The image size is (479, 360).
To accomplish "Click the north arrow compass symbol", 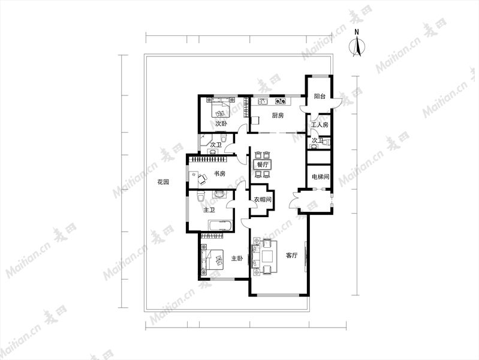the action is click(x=357, y=46).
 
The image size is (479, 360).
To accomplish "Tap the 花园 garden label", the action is click(x=163, y=182).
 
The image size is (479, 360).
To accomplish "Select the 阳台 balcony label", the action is click(x=320, y=97).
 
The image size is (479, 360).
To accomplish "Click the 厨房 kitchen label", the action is click(x=278, y=116).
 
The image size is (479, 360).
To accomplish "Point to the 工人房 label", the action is click(x=320, y=125).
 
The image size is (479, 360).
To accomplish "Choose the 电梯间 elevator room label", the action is click(x=321, y=177).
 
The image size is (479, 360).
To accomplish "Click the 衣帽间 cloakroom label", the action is click(x=263, y=200).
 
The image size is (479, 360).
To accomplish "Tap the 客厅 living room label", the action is click(x=291, y=255).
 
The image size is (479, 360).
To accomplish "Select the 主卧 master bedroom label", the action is click(x=237, y=259).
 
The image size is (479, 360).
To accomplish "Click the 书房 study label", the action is click(x=219, y=174).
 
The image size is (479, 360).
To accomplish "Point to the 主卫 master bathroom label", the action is click(x=209, y=210).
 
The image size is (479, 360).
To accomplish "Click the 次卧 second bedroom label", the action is click(x=221, y=124).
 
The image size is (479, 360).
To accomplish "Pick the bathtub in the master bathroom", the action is click(x=220, y=226).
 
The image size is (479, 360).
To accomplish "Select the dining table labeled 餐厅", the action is click(x=263, y=164).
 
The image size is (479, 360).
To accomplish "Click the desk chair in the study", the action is click(x=202, y=179).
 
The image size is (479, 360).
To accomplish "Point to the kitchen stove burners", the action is click(x=281, y=100).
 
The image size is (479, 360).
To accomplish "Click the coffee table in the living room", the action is click(x=267, y=257).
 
